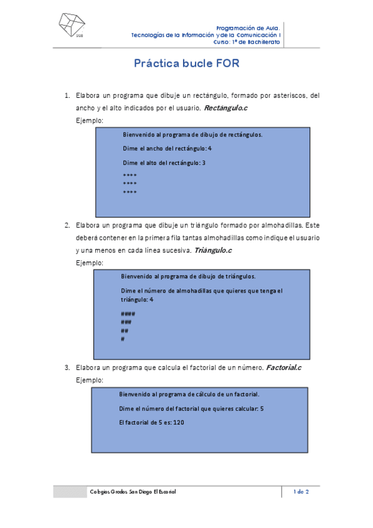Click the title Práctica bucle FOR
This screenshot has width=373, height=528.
[187, 64]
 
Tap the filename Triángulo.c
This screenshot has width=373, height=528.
[213, 250]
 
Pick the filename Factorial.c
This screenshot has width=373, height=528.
[283, 368]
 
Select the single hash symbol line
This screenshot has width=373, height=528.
[123, 339]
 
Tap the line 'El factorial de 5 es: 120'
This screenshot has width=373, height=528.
[151, 423]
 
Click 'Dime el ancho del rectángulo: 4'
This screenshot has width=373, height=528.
[167, 149]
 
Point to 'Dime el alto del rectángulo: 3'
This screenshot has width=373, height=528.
[164, 163]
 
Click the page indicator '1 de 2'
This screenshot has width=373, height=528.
[301, 492]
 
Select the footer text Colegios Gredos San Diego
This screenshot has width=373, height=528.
[133, 492]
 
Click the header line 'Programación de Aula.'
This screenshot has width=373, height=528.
[248, 28]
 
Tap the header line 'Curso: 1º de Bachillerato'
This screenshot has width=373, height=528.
[247, 42]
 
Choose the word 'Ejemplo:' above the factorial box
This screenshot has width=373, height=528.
[89, 379]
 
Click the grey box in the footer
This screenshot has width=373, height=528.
[70, 492]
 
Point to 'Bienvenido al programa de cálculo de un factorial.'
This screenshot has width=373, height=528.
[189, 394]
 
